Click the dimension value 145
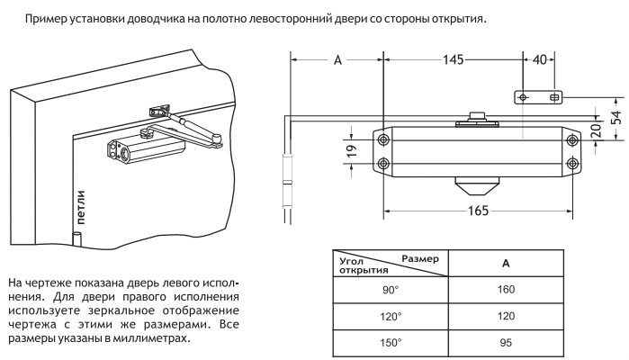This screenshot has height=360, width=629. coord(454,60)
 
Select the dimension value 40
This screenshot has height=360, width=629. coord(540,60)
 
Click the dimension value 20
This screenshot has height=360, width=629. coord(595,128)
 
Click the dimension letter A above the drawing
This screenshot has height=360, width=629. coord(337,60)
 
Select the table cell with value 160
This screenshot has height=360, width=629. coord(506,291)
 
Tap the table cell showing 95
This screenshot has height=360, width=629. coord(506,343)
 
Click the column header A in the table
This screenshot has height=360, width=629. coord(506,264)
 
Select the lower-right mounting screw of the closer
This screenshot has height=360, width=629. coord(572,163)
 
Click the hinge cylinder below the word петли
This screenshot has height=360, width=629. coord(77,238)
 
